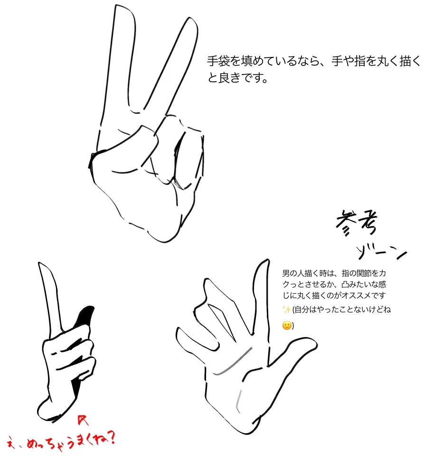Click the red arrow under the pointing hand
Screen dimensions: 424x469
pyautogui.click(x=83, y=420)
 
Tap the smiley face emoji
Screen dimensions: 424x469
pyautogui.click(x=287, y=326)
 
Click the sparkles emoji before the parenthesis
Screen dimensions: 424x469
pyautogui.click(x=287, y=310)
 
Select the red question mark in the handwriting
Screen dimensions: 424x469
pyautogui.click(x=111, y=439)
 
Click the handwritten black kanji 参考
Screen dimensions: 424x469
pyautogui.click(x=357, y=222)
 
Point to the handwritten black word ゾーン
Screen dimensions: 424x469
pyautogui.click(x=382, y=253)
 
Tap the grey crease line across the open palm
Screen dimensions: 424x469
pyautogui.click(x=233, y=361)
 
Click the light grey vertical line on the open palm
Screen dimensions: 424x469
pyautogui.click(x=238, y=400)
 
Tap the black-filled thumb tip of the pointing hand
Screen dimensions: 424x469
pyautogui.click(x=86, y=315)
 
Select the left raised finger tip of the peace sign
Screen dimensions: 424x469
pyautogui.click(x=123, y=8)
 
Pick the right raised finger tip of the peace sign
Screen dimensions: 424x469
pyautogui.click(x=191, y=20)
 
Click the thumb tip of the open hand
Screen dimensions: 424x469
pyautogui.click(x=313, y=343)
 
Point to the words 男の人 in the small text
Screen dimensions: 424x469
pyautogui.click(x=293, y=273)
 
